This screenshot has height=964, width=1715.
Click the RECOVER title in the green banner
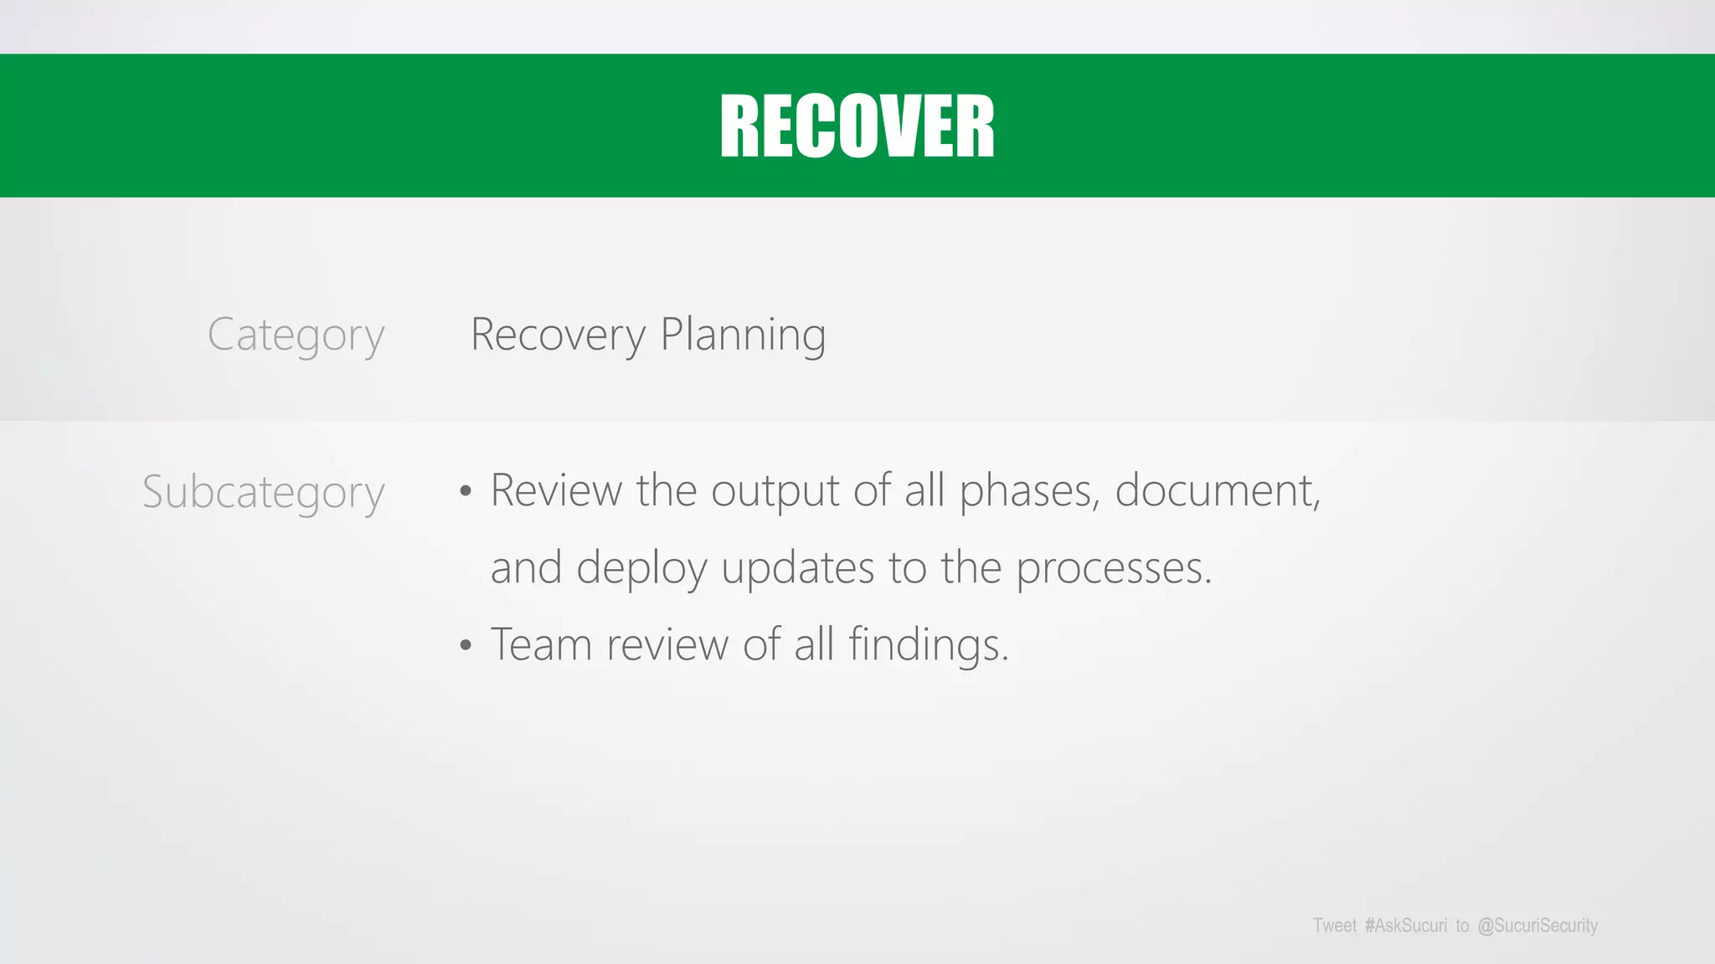(x=857, y=126)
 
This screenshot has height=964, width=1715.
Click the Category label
(x=296, y=336)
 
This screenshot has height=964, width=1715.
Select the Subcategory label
(x=263, y=492)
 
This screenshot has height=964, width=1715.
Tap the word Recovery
(x=558, y=336)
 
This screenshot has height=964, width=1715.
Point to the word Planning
(x=743, y=336)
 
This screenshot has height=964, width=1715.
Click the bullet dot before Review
(x=466, y=492)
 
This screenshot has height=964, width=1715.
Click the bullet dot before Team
(x=466, y=646)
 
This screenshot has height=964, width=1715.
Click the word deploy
(x=641, y=569)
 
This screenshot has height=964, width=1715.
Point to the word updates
(x=797, y=569)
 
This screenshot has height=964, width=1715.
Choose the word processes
(x=1114, y=569)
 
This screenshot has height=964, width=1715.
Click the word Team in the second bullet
(x=541, y=645)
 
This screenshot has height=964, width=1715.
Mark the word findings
(x=928, y=645)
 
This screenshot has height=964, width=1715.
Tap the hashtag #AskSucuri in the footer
(x=1405, y=926)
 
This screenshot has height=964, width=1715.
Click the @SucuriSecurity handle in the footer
(x=1537, y=926)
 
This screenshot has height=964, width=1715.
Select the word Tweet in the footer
(x=1334, y=926)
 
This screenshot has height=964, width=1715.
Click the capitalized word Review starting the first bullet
(x=556, y=491)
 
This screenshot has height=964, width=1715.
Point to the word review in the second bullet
(x=667, y=645)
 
